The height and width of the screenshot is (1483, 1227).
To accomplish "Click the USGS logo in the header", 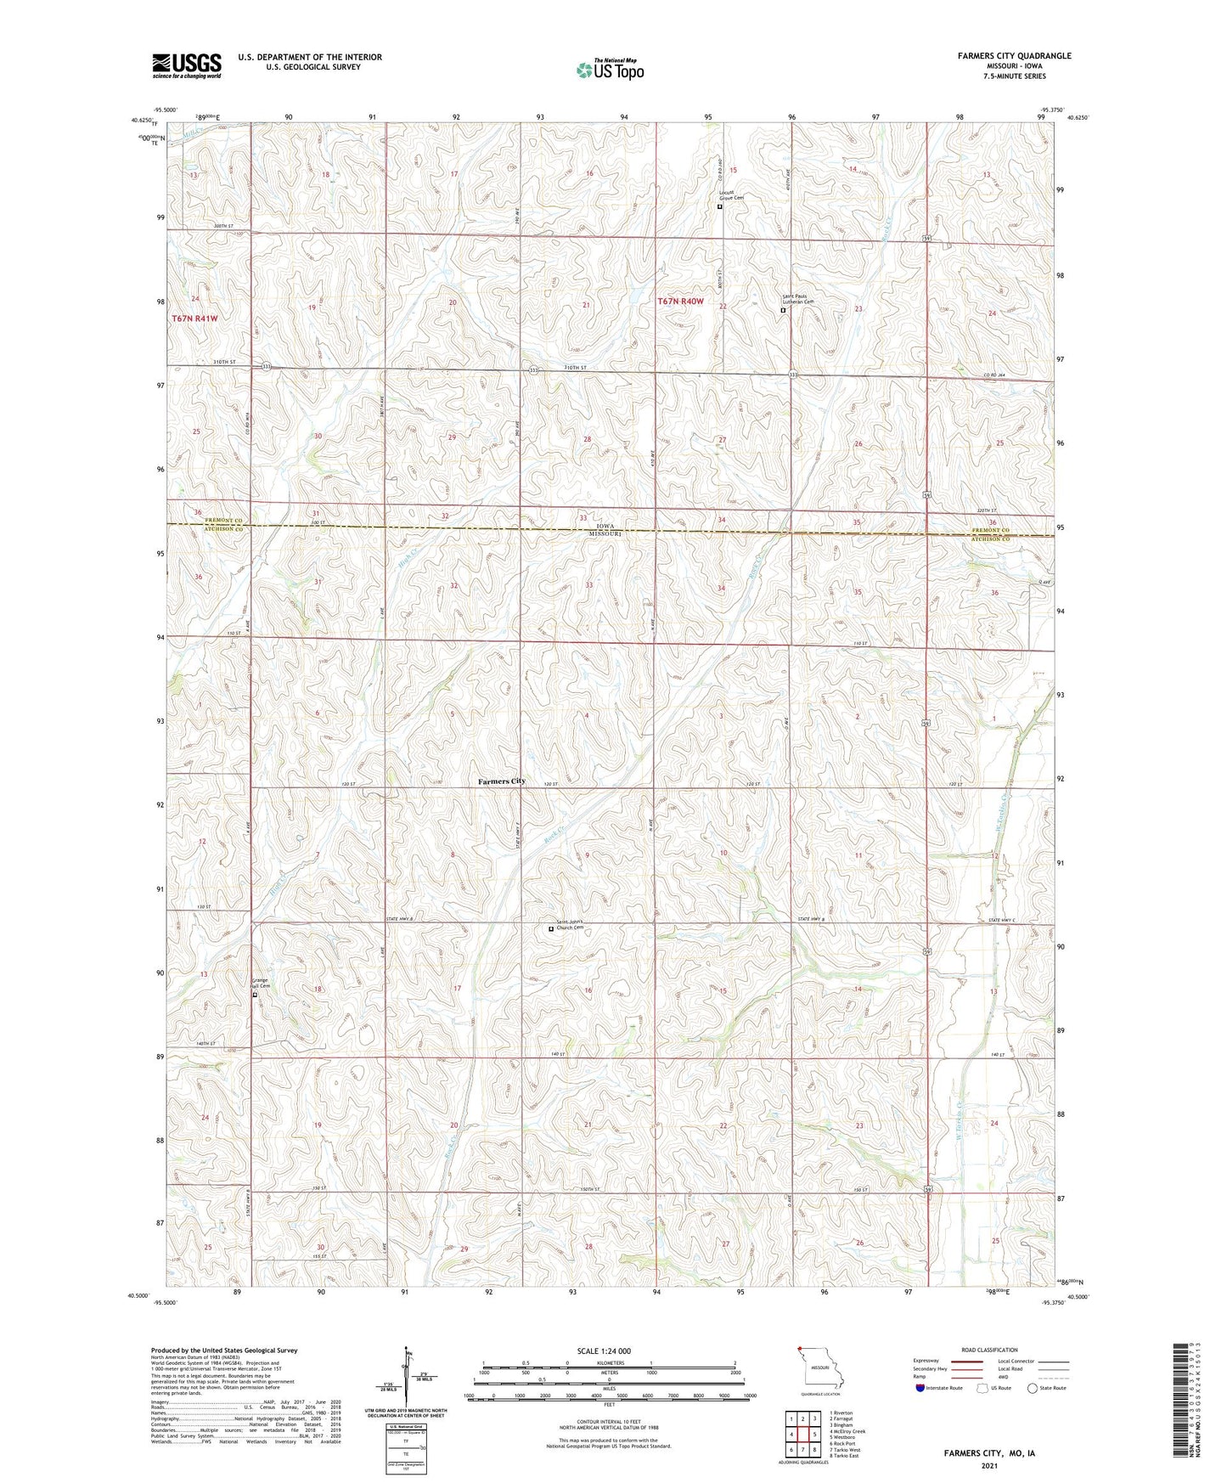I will pos(186,65).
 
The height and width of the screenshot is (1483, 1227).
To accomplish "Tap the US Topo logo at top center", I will pos(609,70).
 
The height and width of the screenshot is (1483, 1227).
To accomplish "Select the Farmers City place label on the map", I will pos(501,781).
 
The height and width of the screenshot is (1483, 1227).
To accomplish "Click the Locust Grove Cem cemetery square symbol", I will pos(720,206).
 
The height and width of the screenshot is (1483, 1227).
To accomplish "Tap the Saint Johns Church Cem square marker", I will pos(550,929).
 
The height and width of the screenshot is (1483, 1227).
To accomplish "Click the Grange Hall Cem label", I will pos(260,984).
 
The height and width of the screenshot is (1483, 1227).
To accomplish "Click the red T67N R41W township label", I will pos(194,319).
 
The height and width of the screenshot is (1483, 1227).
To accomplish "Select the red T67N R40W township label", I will pos(680,301).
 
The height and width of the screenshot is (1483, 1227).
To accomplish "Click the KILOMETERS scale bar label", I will pos(608,1362).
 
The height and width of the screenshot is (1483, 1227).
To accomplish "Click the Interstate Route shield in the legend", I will pos(922,1388).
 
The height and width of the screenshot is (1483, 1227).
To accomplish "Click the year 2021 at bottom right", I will pos(989,1465).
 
